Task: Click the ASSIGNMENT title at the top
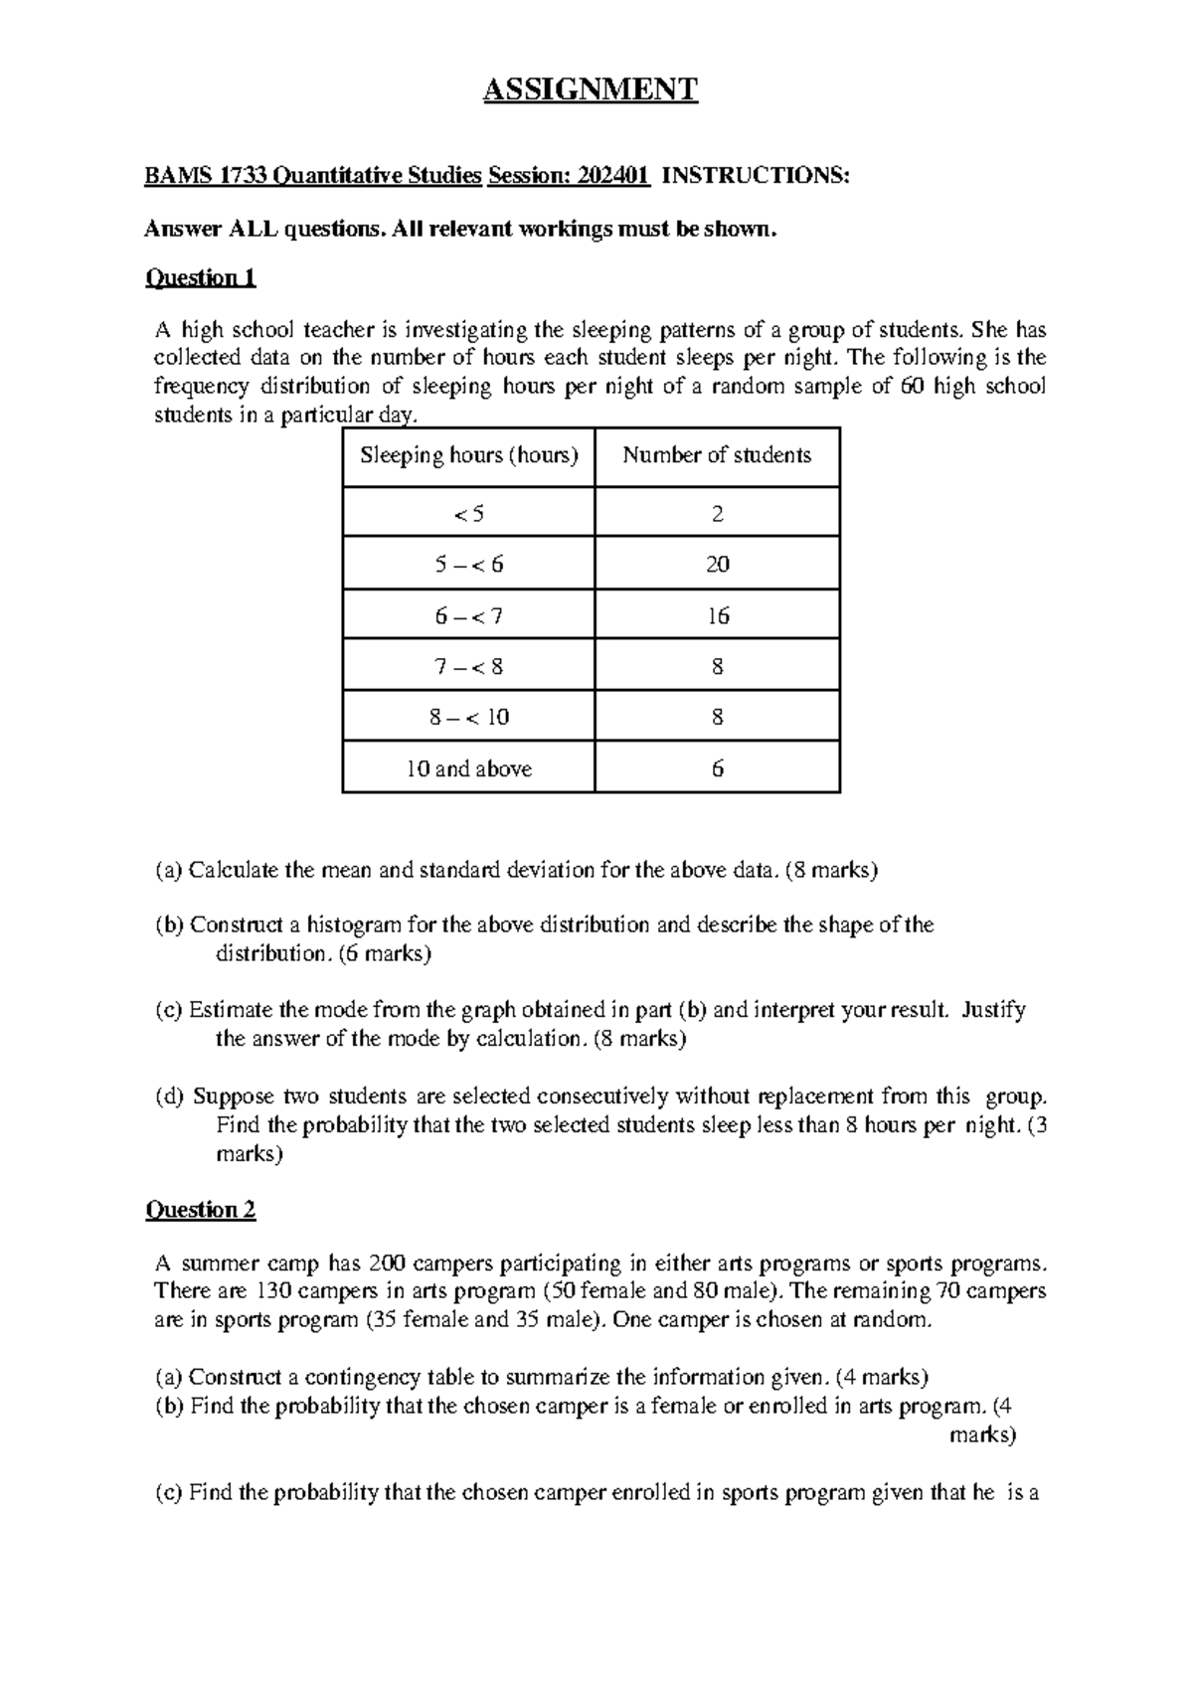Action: [590, 90]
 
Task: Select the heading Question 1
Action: [201, 277]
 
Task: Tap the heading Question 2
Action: [201, 1210]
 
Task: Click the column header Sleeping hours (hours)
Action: [468, 455]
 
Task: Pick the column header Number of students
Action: [717, 455]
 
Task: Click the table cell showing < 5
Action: [468, 514]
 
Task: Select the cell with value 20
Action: [717, 565]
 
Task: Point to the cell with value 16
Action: [717, 615]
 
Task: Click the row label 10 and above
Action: [468, 768]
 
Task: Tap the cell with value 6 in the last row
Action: [717, 768]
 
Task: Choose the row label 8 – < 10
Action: [468, 717]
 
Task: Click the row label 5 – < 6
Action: [468, 565]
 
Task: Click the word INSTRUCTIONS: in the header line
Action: [756, 176]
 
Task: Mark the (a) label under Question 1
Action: [169, 871]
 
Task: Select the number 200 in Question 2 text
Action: [386, 1263]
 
